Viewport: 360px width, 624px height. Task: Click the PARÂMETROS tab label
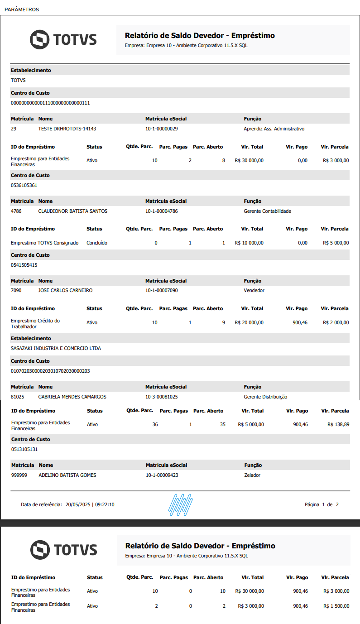(x=22, y=9)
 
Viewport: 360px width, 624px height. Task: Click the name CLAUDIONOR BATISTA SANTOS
(x=73, y=211)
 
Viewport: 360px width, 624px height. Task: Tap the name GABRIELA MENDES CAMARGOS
(x=72, y=397)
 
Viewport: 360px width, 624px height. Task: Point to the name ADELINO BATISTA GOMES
(x=67, y=475)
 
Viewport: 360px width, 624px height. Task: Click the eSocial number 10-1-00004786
(x=161, y=211)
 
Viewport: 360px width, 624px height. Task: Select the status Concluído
(x=97, y=243)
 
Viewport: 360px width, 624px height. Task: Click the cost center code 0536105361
(x=24, y=186)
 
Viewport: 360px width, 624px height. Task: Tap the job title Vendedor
(x=254, y=291)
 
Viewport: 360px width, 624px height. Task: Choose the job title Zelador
(x=252, y=475)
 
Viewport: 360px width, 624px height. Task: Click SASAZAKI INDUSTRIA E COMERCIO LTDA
(x=56, y=349)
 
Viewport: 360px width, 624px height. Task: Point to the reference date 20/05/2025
(x=78, y=504)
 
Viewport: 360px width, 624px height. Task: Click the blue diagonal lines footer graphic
(x=182, y=504)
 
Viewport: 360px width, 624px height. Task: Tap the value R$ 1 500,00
(x=336, y=606)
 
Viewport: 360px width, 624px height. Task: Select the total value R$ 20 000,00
(x=249, y=323)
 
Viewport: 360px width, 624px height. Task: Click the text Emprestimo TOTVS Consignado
(x=45, y=243)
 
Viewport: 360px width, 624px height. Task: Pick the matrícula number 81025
(x=18, y=397)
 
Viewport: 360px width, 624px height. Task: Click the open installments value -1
(x=222, y=243)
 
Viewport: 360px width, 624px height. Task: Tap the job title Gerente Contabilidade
(x=267, y=211)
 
